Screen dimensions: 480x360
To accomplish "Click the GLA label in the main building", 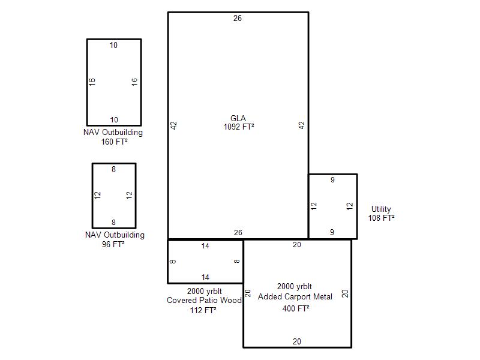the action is tap(238, 118).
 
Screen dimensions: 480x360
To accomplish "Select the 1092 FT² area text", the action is tap(239, 127).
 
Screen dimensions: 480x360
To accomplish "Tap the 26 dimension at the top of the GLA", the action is tap(238, 19).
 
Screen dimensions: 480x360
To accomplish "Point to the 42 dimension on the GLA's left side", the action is tap(173, 125).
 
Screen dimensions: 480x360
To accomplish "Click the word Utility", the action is tap(381, 209).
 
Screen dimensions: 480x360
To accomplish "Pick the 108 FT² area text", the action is tap(381, 218).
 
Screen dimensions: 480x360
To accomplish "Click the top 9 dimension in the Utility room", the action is tap(332, 180).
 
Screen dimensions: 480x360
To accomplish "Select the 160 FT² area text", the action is tap(114, 142).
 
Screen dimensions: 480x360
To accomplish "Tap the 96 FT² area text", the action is tap(113, 244).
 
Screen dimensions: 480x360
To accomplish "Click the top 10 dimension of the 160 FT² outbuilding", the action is tap(113, 46).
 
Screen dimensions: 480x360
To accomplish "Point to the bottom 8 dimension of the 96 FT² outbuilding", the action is tap(113, 223).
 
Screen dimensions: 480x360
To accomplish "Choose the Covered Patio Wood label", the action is tap(204, 301).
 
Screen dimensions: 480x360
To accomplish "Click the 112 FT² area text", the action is tap(203, 310).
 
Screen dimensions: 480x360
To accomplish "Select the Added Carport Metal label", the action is tap(295, 296).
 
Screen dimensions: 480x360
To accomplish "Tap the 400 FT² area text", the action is tap(296, 308).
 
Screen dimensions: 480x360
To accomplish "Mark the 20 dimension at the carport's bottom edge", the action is tap(296, 341).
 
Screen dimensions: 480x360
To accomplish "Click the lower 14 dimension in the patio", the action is tap(205, 277).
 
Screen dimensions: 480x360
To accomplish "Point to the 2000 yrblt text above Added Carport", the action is tap(295, 287).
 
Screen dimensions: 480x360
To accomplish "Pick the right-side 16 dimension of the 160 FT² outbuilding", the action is tap(134, 82).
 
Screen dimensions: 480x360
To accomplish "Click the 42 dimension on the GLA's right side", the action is tap(302, 125).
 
